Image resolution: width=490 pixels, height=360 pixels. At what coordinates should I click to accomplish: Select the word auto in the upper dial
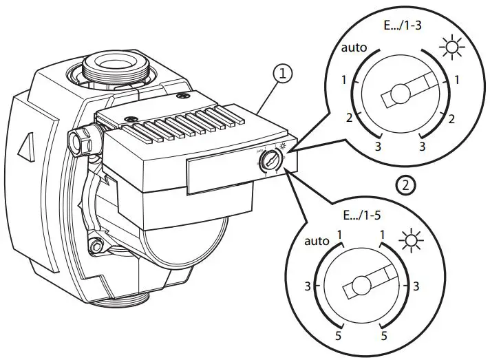click(354, 49)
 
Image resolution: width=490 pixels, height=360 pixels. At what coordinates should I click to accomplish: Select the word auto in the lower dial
click(317, 242)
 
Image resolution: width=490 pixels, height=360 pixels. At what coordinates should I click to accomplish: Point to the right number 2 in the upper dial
click(451, 118)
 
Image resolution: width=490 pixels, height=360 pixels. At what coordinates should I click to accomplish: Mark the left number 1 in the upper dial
click(345, 81)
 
